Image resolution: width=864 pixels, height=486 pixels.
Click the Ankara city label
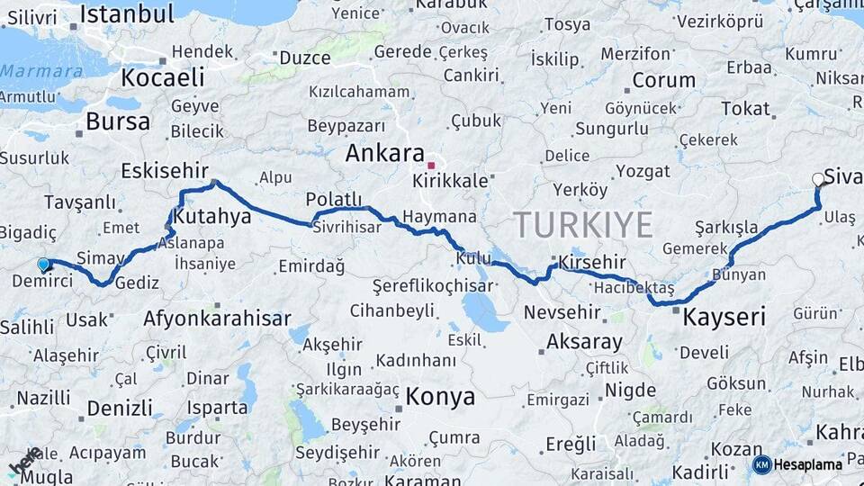pyautogui.click(x=384, y=154)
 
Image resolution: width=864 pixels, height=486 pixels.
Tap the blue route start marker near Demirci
pyautogui.click(x=43, y=265)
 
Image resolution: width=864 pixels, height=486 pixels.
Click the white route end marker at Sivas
pyautogui.click(x=818, y=180)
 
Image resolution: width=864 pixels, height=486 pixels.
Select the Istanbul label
pyautogui.click(x=127, y=13)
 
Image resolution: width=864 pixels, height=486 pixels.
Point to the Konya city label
pyautogui.click(x=440, y=396)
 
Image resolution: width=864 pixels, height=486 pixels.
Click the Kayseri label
pyautogui.click(x=724, y=317)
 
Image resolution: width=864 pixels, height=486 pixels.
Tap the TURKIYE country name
pyautogui.click(x=582, y=224)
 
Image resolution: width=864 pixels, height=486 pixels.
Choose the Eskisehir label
pyautogui.click(x=165, y=170)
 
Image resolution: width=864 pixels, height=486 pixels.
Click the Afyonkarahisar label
pyautogui.click(x=217, y=319)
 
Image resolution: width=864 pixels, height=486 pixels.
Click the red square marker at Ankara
pyautogui.click(x=431, y=166)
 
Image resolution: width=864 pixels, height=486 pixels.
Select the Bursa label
pyautogui.click(x=118, y=122)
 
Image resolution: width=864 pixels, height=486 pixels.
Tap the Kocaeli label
pyautogui.click(x=163, y=77)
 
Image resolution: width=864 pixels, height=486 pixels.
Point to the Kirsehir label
pyautogui.click(x=591, y=262)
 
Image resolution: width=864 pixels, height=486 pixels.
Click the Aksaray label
pyautogui.click(x=583, y=342)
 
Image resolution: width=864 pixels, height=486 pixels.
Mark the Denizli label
pyautogui.click(x=120, y=408)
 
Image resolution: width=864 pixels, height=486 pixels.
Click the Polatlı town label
pyautogui.click(x=334, y=199)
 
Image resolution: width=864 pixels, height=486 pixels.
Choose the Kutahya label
pyautogui.click(x=212, y=217)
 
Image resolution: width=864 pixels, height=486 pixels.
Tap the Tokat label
pyautogui.click(x=745, y=109)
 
